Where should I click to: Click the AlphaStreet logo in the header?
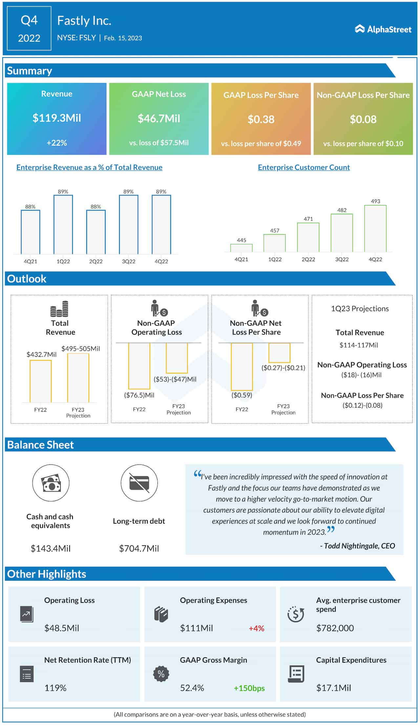point(383,29)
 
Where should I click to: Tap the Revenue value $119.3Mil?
point(57,118)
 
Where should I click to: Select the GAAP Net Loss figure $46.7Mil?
point(159,119)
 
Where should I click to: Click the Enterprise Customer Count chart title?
point(304,167)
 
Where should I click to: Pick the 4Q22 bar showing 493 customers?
point(375,229)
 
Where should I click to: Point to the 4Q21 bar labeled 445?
point(241,248)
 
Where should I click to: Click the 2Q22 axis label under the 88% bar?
point(96,261)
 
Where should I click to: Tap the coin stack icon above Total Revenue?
point(59,309)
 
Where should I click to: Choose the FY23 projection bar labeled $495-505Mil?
point(78,378)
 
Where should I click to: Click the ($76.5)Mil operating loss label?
point(139,395)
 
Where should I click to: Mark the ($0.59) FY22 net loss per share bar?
point(242,367)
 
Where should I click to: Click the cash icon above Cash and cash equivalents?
point(51,483)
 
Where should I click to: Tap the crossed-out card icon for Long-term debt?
point(139,483)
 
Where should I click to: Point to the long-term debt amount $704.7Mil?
point(139,548)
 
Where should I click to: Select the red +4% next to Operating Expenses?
point(256,628)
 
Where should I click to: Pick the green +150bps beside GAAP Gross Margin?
point(249,688)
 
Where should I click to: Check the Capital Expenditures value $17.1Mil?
point(333,688)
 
